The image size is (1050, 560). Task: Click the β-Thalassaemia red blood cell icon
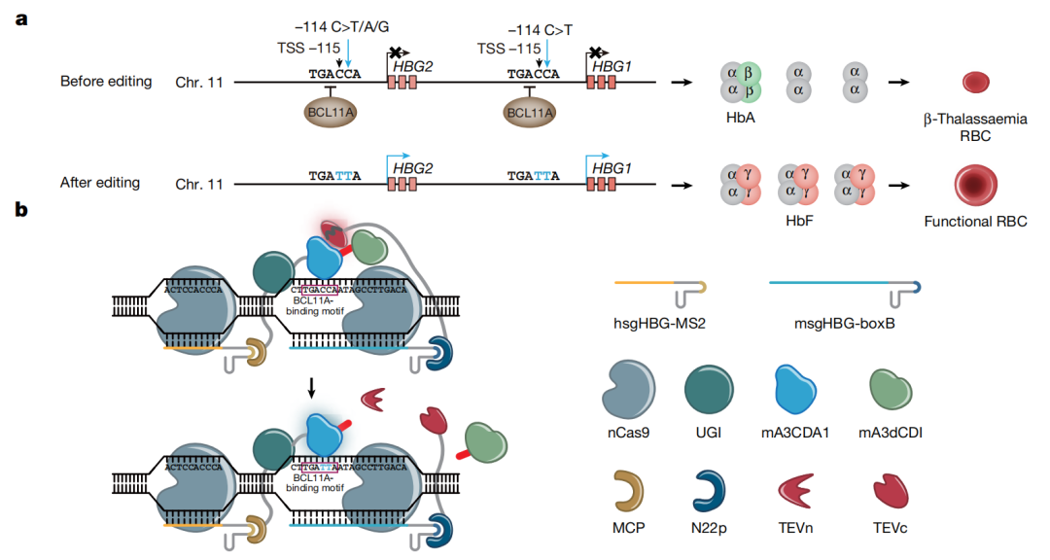(975, 82)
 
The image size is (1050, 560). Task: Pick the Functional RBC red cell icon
(975, 182)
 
